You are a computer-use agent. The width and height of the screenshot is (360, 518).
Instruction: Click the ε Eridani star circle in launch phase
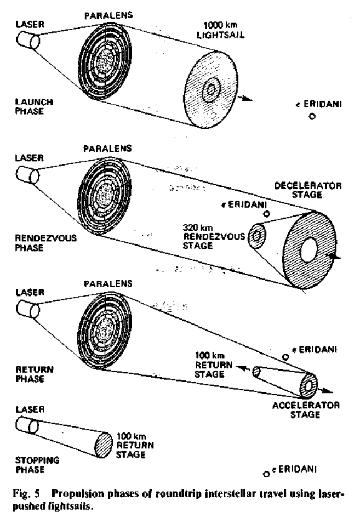[x=311, y=117]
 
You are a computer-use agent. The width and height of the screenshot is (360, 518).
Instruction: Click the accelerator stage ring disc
[x=310, y=385]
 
